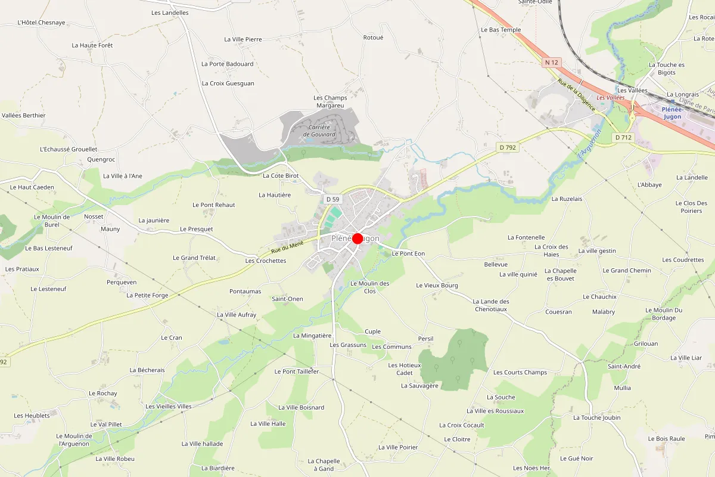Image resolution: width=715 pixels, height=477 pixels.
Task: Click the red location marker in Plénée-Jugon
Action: pos(357,238)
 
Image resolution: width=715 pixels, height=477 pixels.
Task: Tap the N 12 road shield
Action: pos(552,63)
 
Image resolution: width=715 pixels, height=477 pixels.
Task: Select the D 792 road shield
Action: pos(507,147)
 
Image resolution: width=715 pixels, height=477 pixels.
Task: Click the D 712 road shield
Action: pos(623,138)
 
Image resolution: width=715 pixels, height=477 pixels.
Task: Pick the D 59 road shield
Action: pos(332,199)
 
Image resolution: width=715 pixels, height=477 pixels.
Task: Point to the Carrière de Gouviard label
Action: pos(319,131)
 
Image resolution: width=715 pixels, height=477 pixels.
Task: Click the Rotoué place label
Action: pos(373,38)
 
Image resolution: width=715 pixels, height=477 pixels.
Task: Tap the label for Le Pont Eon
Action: pos(408,253)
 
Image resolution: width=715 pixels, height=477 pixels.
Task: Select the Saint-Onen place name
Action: pos(287,299)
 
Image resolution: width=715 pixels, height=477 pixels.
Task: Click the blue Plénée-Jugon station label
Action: pos(672,113)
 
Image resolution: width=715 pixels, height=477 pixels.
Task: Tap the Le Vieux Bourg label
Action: pos(437,286)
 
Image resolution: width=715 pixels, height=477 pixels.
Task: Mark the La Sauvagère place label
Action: pos(419,386)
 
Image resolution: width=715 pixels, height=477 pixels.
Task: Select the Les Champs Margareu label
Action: pos(329,101)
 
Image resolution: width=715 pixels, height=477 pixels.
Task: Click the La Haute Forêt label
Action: pos(92,45)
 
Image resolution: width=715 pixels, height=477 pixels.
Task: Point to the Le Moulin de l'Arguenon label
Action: pos(73,439)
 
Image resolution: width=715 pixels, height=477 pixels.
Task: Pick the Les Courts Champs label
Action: pos(520,373)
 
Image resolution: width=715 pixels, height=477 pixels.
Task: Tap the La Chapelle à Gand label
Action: pos(324,464)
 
